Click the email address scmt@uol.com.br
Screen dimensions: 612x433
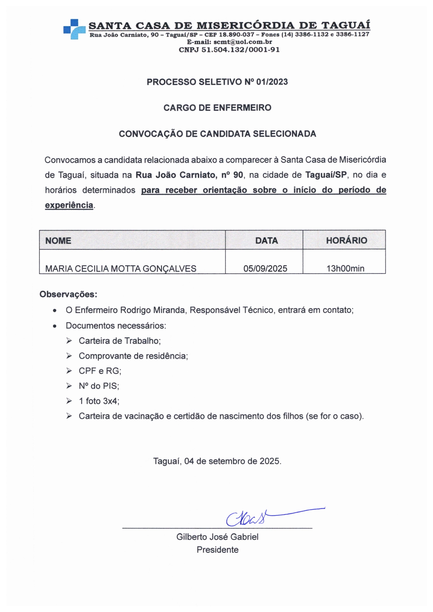(x=243, y=42)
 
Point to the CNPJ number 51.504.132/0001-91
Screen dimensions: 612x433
(x=240, y=50)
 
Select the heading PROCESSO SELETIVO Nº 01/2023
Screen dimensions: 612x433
(x=217, y=82)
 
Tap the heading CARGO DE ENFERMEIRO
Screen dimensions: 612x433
(x=217, y=108)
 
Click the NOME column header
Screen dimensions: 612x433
(x=58, y=241)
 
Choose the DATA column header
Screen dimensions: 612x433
(x=266, y=241)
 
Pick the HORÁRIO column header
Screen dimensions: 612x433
(x=346, y=240)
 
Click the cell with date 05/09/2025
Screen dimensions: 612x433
(x=265, y=268)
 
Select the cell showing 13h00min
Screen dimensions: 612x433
(x=345, y=268)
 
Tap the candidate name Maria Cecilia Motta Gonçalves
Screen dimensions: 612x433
(x=121, y=269)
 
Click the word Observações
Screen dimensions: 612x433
(x=68, y=294)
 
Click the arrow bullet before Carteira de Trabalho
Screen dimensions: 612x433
(x=69, y=341)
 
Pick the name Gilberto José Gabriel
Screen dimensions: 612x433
(x=217, y=537)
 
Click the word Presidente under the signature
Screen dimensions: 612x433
(x=217, y=550)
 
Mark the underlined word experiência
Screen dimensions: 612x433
(x=69, y=205)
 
